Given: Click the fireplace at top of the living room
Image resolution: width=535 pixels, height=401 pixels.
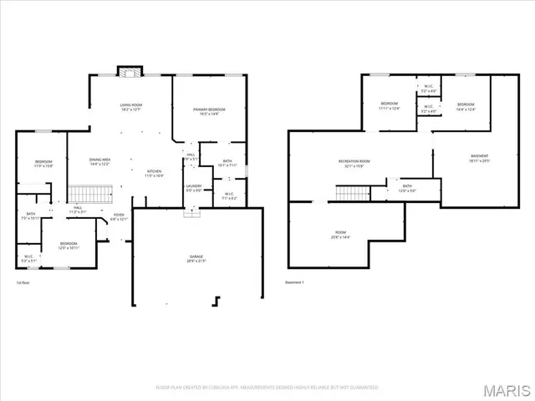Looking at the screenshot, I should tap(127, 72).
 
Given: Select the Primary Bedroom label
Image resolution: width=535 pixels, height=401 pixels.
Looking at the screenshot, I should tap(209, 112).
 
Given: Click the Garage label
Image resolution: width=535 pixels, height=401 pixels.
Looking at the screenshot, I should tap(196, 259).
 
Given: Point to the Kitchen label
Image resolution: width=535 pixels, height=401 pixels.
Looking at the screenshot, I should tap(154, 173).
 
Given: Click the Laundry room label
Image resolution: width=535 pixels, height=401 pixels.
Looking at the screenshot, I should tap(194, 188).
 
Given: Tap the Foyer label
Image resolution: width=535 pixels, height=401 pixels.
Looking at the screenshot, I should tap(120, 217).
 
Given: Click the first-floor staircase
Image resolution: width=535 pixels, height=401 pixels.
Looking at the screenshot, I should tap(89, 195).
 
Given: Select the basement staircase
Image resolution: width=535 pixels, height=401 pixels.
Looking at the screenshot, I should tap(352, 194).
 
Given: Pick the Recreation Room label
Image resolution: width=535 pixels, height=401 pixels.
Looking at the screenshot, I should tap(354, 163).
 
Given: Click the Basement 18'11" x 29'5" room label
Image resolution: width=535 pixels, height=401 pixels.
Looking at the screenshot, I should tap(479, 159).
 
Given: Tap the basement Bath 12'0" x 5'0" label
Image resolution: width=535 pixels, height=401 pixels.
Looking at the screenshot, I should tap(407, 189).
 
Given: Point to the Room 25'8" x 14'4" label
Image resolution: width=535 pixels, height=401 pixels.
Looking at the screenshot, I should tap(340, 236).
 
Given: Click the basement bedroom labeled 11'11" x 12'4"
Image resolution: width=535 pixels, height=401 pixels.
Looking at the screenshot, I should tap(390, 106).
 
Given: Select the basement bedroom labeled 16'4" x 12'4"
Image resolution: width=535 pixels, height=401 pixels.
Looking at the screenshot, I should tap(465, 106).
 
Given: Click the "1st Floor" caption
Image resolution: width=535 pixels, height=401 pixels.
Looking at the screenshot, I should tap(23, 282).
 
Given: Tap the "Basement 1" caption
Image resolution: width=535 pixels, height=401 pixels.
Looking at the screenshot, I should tap(295, 282).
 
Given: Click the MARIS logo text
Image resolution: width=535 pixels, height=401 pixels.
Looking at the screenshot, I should tap(506, 389).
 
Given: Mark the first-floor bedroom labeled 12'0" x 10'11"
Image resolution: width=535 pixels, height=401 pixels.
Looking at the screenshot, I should tap(69, 246).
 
